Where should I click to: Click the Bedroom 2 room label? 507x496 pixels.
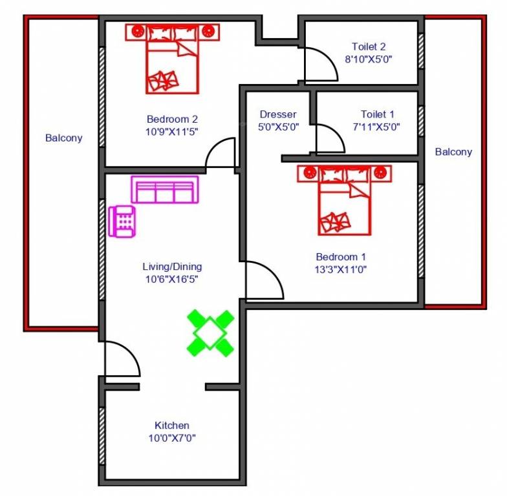tap(172, 119)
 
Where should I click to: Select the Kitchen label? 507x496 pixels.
tap(172, 425)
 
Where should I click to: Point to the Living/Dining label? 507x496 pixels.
tap(172, 266)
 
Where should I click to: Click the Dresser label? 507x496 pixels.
tap(278, 114)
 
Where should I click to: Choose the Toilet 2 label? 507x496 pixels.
tap(369, 46)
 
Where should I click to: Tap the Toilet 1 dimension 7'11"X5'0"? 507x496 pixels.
tap(376, 127)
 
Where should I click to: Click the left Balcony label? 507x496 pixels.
tap(64, 138)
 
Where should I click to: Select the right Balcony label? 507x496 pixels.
tap(453, 152)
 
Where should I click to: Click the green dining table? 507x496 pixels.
tap(211, 333)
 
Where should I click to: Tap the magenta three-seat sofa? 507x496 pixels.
tap(163, 190)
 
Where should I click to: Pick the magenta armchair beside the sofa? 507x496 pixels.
tap(122, 221)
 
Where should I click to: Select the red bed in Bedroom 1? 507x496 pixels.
tap(345, 200)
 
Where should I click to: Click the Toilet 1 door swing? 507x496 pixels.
tap(329, 139)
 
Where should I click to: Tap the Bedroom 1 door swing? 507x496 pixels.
tap(263, 281)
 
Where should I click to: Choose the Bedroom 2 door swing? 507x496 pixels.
tap(221, 154)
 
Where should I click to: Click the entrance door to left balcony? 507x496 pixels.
tap(120, 359)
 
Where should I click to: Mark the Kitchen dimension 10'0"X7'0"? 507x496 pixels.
tap(172, 438)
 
